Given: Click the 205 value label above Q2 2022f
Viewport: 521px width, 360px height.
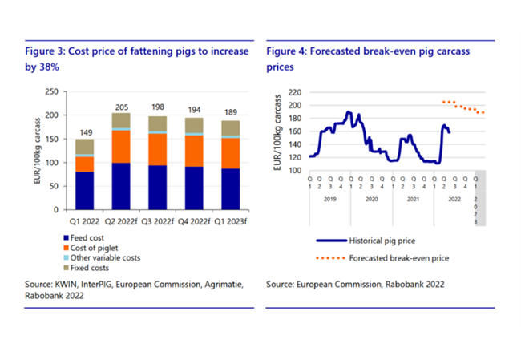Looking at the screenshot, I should click(120, 107).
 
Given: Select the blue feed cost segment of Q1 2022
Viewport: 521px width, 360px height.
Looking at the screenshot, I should click(84, 191).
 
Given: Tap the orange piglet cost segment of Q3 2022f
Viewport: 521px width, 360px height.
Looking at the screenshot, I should click(156, 149).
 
